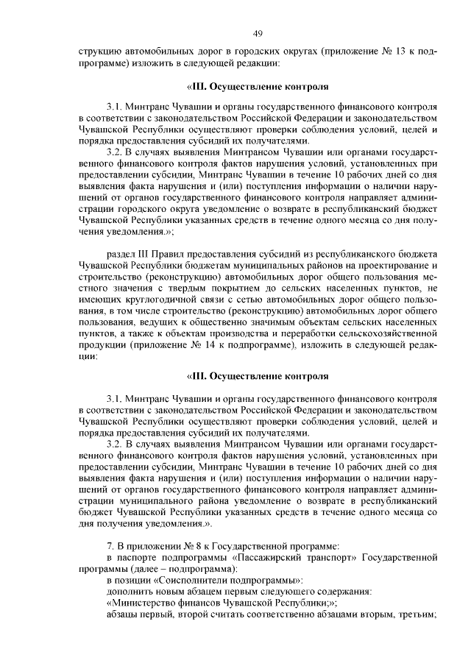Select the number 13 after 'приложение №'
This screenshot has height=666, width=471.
tap(401, 52)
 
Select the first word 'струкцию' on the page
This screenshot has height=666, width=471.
tap(99, 52)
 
